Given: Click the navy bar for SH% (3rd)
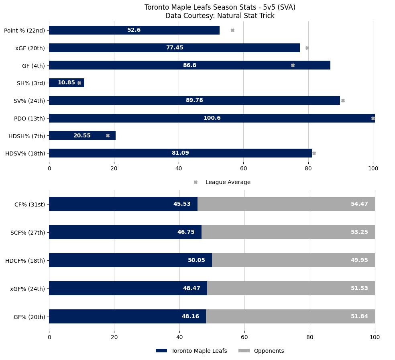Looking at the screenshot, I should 66,83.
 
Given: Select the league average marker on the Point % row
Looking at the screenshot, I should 232,30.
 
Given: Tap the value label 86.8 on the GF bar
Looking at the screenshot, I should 189,65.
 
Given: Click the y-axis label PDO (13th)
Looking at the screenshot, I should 30,118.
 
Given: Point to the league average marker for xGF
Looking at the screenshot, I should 307,48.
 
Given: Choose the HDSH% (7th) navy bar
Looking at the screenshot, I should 82,135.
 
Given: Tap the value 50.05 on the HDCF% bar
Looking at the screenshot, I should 196,260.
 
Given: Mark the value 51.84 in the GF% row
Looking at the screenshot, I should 359,316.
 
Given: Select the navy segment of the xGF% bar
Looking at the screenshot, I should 128,288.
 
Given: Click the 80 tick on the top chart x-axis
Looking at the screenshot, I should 308,169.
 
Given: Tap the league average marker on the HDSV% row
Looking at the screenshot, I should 314,153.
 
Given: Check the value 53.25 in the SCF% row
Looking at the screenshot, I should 359,232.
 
